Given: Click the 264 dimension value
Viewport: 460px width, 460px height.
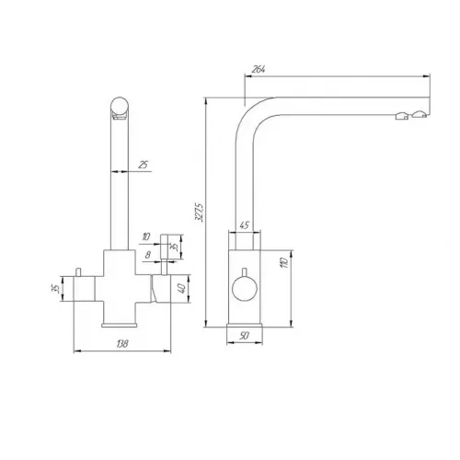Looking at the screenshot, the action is point(259,70).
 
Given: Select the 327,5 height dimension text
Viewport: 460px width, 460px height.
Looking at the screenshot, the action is point(199,212).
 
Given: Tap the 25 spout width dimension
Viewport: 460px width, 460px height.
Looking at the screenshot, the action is point(143,165).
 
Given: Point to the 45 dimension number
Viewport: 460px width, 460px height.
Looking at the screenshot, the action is point(244,225).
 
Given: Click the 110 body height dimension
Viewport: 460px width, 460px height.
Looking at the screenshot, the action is point(284,263).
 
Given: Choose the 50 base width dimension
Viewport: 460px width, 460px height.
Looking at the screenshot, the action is point(244,336).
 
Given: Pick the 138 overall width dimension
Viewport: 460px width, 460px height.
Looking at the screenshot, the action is point(122,344).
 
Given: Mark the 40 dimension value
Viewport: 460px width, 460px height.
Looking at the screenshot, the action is point(182,289).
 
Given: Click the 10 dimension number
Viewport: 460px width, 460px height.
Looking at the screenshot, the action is point(146,236).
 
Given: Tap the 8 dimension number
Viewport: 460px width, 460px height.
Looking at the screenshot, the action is point(148,255).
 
